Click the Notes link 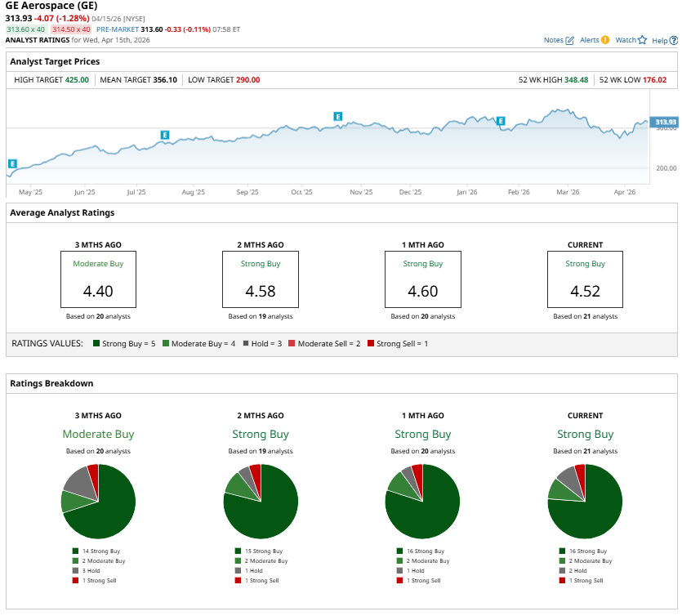559,40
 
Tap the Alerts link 594,40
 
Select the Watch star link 631,40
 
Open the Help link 663,40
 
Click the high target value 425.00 78,80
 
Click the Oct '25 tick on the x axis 301,192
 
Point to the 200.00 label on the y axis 666,168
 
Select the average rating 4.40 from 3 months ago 98,291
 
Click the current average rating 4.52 585,291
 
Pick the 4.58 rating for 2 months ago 260,291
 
